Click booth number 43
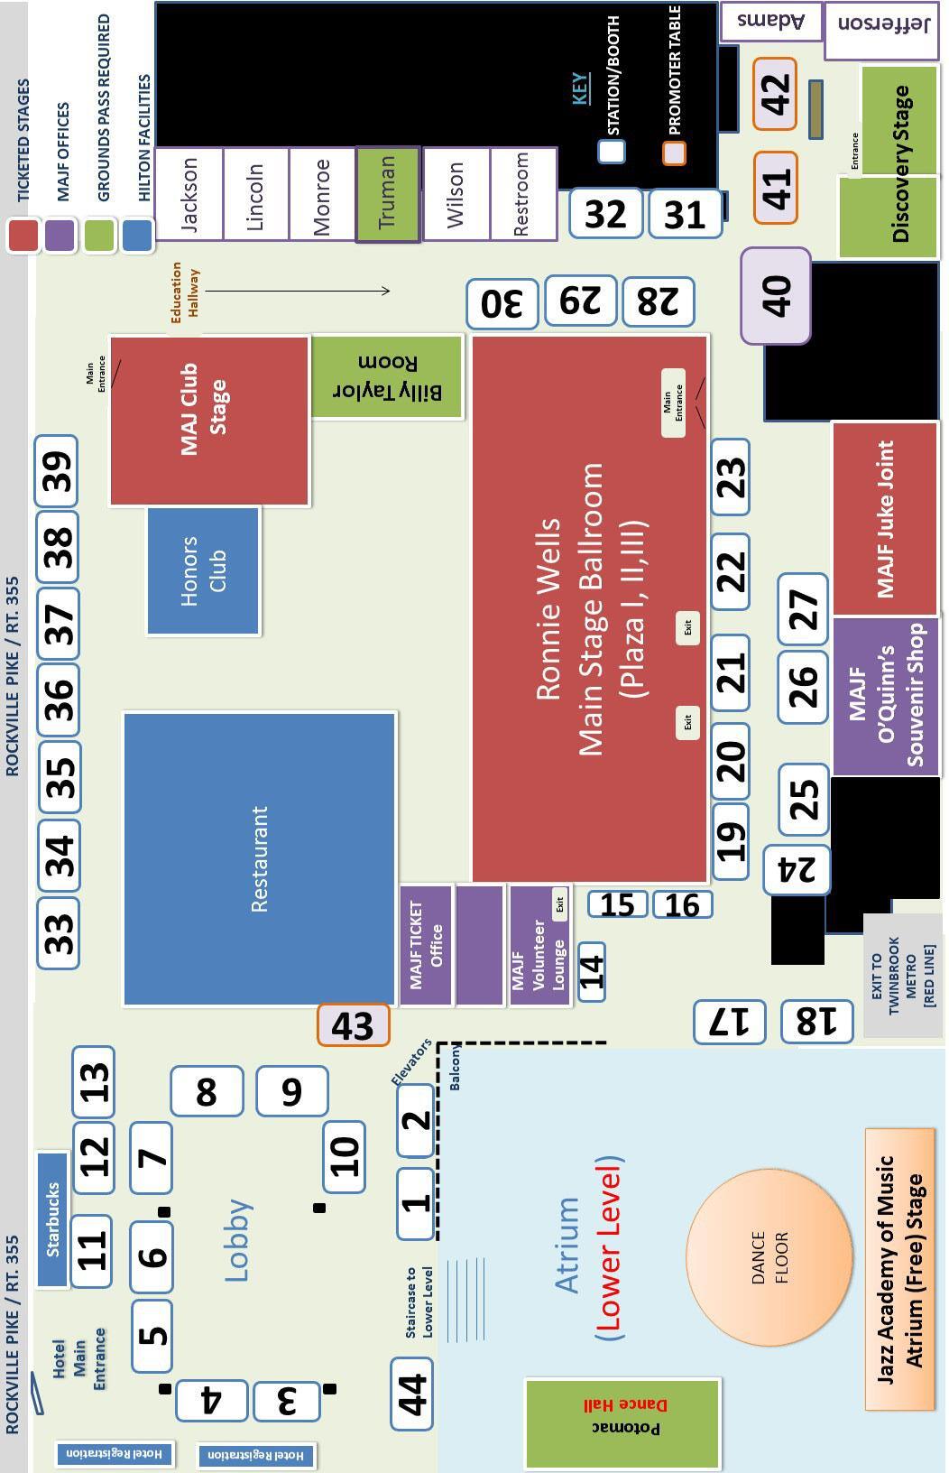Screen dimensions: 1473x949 pos(353,1025)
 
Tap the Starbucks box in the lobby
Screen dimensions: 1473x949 pos(52,1218)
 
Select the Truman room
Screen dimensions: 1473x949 pos(388,194)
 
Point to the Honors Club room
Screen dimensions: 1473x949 pos(203,570)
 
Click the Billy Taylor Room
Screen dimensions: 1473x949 pos(387,376)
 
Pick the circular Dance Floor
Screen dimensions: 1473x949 pos(769,1256)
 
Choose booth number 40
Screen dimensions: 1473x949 pos(776,295)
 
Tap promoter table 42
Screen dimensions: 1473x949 pos(775,93)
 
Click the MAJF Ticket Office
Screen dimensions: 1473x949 pos(425,944)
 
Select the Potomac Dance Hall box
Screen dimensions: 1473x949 pos(622,1422)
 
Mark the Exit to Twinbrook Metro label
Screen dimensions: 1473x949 pos(903,975)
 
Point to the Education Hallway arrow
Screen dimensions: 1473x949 pos(298,291)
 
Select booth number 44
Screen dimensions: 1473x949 pos(411,1394)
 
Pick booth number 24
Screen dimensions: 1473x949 pos(796,869)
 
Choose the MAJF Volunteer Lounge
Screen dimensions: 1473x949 pos(539,945)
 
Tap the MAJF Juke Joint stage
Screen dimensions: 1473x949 pos(884,518)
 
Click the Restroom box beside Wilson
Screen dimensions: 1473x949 pos(523,194)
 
